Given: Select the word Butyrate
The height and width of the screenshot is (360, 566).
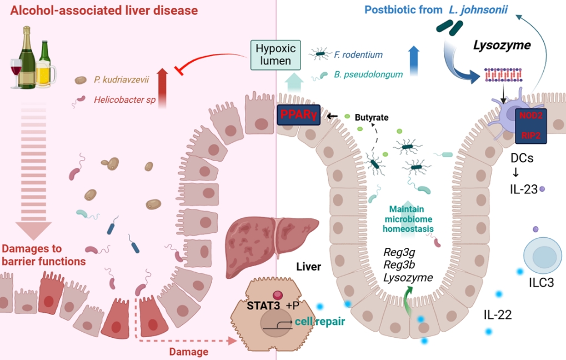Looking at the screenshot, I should [372, 118].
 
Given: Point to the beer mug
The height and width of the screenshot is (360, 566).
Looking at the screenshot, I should [45, 73].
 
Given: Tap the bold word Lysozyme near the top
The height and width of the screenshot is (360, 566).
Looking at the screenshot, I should [502, 46].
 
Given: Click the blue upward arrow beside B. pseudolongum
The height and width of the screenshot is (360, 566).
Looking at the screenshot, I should [414, 61].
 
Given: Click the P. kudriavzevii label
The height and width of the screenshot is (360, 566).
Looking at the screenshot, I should [122, 79].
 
